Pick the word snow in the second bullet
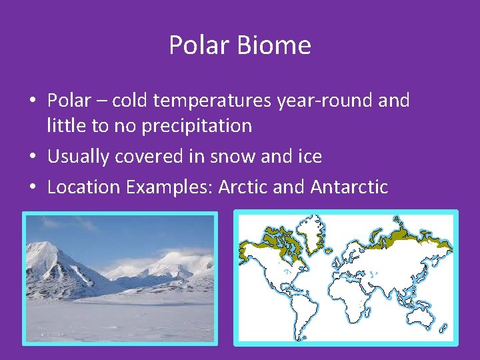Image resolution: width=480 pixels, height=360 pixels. point(236,157)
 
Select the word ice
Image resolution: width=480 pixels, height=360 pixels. point(309,157)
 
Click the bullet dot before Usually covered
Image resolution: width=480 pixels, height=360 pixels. point(33,157)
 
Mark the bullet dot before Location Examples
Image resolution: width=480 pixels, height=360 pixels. point(33,188)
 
